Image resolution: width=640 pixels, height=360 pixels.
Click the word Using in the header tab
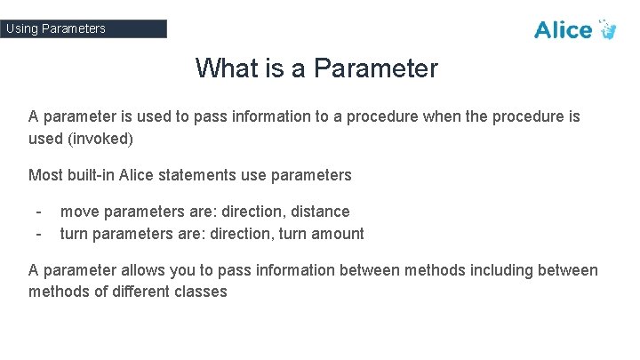pos(21,28)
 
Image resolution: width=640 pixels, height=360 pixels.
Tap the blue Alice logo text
pos(563,30)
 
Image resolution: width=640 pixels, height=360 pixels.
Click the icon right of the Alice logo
pos(608,28)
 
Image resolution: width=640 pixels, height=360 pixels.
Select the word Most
pos(45,175)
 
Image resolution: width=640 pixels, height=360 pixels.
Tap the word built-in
pos(95,175)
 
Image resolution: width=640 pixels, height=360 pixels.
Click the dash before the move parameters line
pos(37,212)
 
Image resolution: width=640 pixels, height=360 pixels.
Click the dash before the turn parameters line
pos(37,234)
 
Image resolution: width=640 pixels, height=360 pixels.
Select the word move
pos(79,212)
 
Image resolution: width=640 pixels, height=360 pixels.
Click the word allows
pos(136,270)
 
